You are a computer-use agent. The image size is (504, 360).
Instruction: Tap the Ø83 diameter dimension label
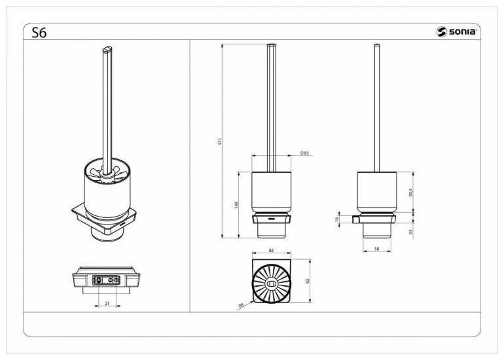point(304,153)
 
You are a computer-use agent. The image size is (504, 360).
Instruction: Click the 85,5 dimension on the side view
point(411,193)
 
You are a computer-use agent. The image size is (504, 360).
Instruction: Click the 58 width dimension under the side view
point(377,249)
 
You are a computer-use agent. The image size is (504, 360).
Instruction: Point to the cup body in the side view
point(378,190)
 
